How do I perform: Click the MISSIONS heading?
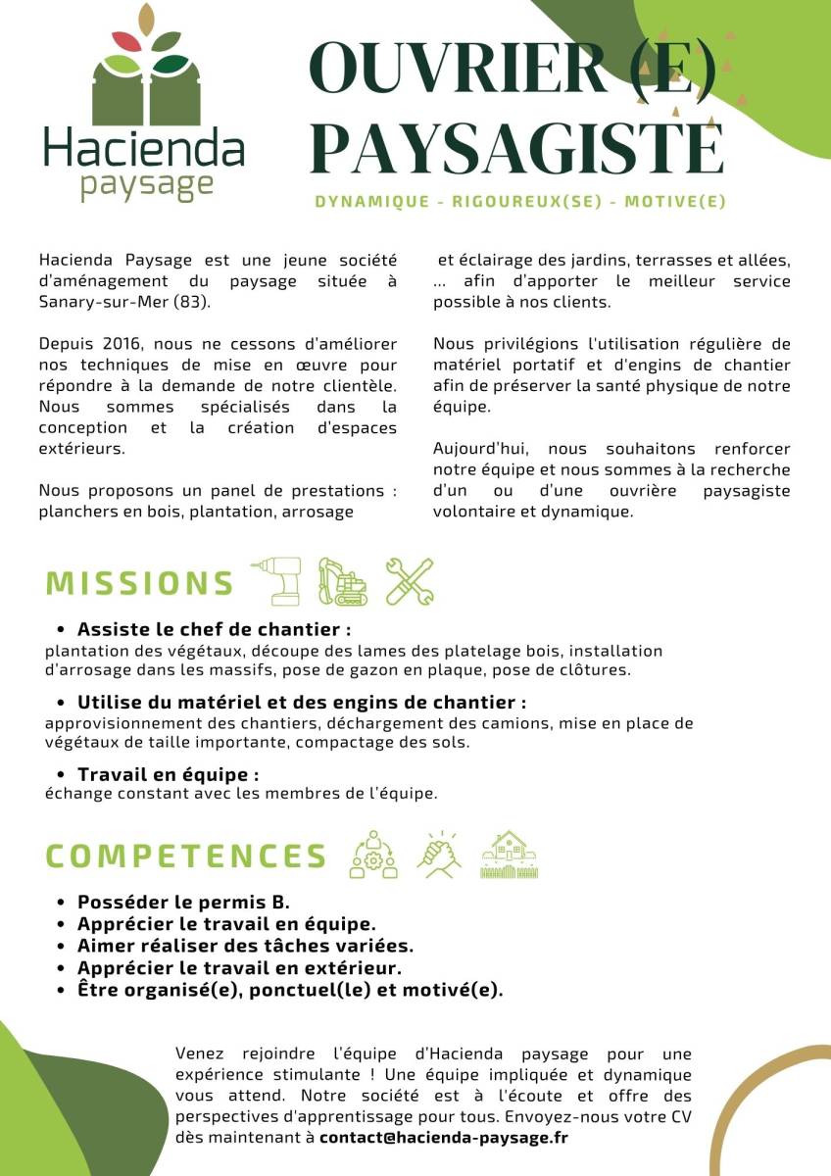tap(140, 583)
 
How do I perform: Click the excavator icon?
tap(342, 581)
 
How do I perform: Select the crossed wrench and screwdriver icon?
tap(409, 581)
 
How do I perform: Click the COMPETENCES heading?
tap(186, 856)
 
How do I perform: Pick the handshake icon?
tap(440, 855)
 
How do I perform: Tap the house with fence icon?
tap(510, 855)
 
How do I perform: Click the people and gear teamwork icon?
tap(374, 855)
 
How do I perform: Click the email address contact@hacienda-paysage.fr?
tap(443, 1138)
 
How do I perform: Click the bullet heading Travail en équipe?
tap(168, 775)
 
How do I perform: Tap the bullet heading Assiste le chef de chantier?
tap(214, 629)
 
